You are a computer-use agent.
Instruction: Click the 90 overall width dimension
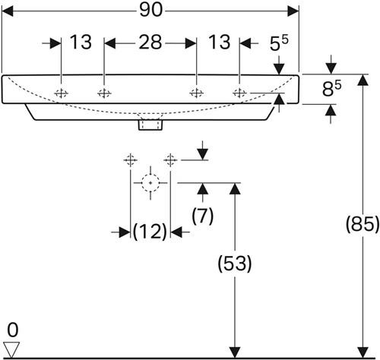(x=150, y=11)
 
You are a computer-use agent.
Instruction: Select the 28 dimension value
(x=150, y=42)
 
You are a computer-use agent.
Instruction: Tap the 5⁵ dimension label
(x=279, y=43)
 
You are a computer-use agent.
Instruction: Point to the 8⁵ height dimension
(x=331, y=89)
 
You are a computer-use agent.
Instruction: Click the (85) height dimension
(x=363, y=224)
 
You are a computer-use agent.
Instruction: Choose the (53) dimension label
(x=235, y=264)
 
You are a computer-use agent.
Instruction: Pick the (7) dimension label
(x=203, y=216)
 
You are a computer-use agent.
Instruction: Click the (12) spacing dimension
(x=150, y=232)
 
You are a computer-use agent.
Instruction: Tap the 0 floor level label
(x=13, y=330)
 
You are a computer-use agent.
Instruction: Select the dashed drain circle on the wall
(x=150, y=183)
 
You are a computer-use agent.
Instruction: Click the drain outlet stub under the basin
(x=150, y=125)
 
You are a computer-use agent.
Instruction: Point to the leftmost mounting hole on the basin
(x=62, y=93)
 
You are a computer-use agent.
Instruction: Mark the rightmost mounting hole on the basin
(x=239, y=93)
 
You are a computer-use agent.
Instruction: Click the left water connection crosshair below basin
(x=131, y=160)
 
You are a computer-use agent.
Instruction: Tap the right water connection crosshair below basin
(x=170, y=160)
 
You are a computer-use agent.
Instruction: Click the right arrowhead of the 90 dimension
(x=293, y=11)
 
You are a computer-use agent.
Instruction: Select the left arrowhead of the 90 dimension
(x=8, y=11)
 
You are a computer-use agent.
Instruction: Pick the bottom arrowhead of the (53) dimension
(x=235, y=352)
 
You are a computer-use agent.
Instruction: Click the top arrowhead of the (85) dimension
(x=363, y=81)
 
